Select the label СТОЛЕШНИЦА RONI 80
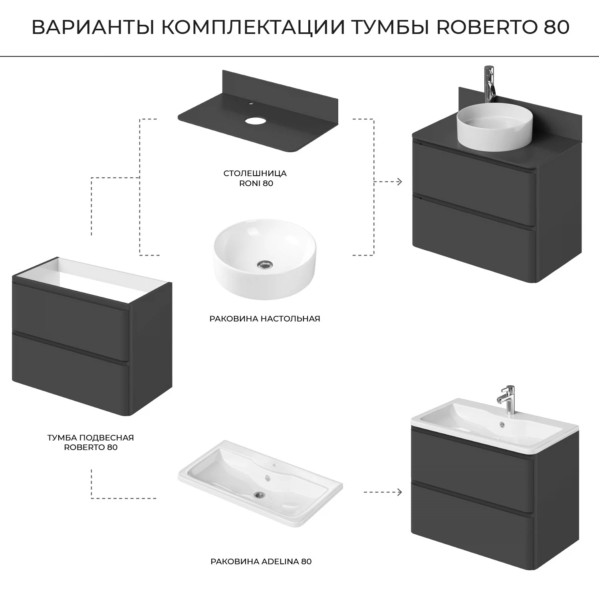click(x=255, y=179)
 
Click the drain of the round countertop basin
click(x=264, y=264)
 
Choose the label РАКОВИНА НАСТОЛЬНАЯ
click(x=265, y=319)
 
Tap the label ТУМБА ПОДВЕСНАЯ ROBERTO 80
click(x=91, y=442)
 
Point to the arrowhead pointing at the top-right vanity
click(x=399, y=182)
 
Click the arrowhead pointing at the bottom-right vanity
click(x=399, y=492)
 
